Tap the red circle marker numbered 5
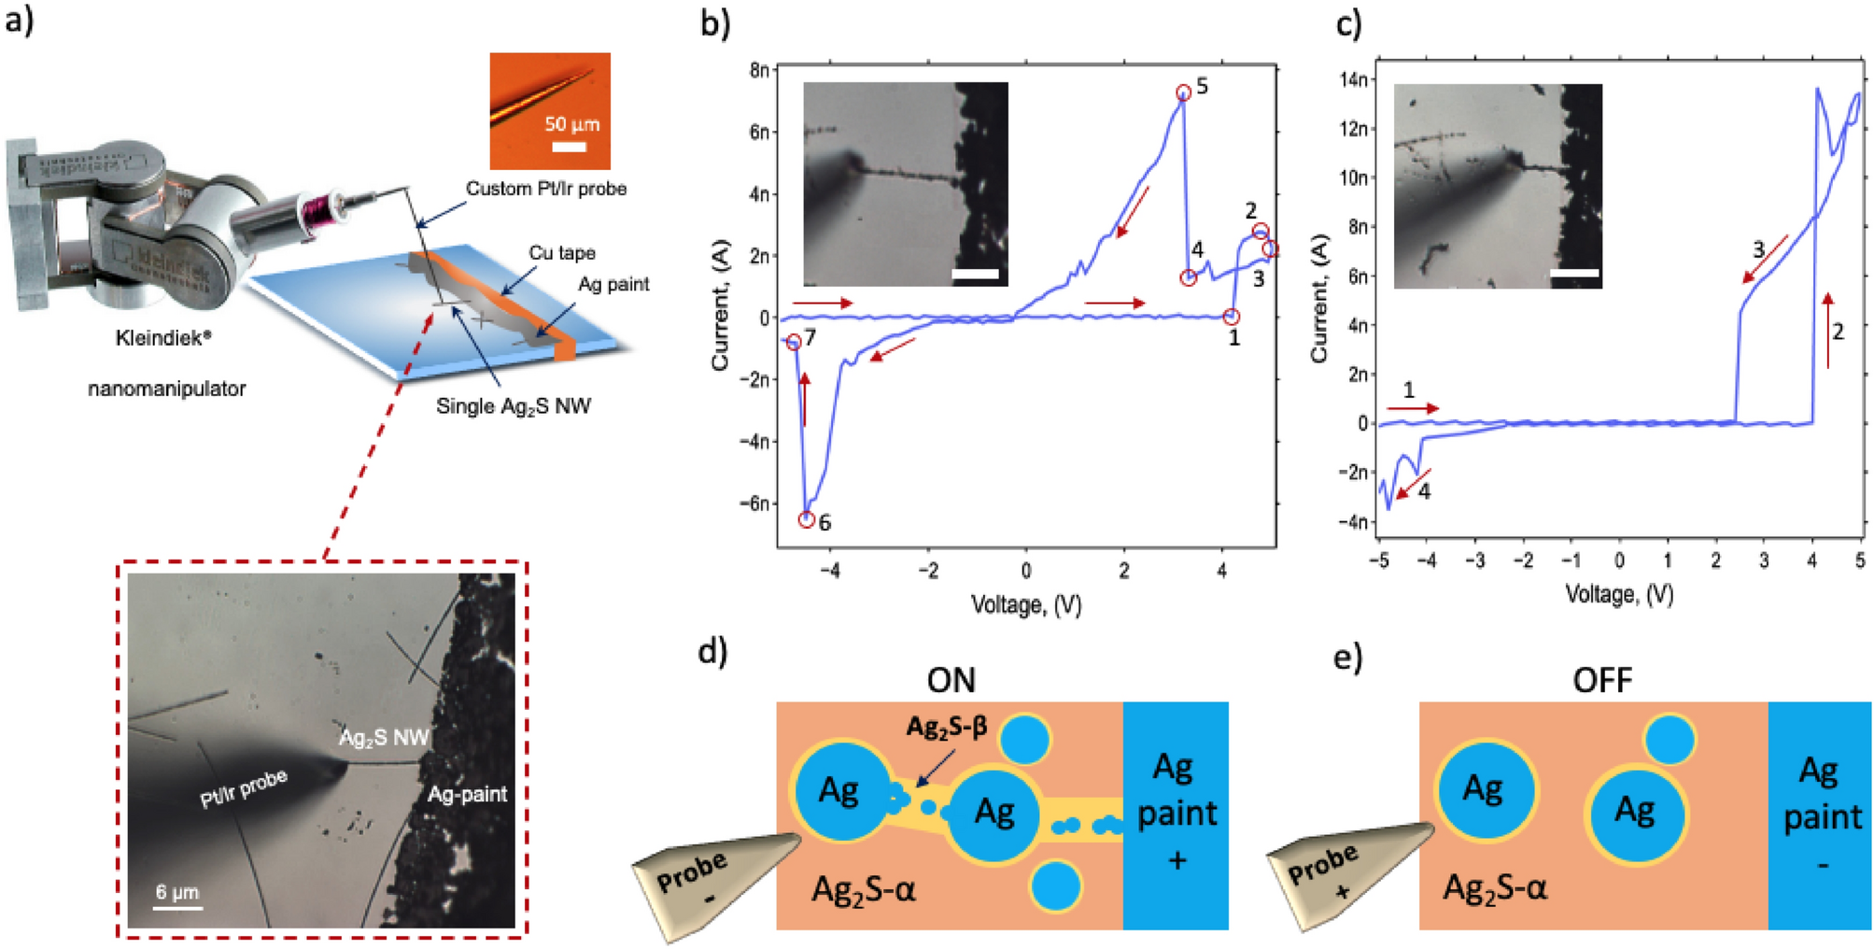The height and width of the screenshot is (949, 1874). pyautogui.click(x=1183, y=92)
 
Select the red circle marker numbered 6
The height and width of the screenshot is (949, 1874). pyautogui.click(x=807, y=519)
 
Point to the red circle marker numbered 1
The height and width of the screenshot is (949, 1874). pyautogui.click(x=1232, y=318)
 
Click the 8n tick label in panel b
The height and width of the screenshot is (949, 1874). pyautogui.click(x=759, y=70)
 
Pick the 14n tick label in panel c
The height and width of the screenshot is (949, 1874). pyautogui.click(x=1354, y=79)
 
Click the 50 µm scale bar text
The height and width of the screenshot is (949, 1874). pyautogui.click(x=571, y=124)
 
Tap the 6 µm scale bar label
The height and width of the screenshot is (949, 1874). pyautogui.click(x=176, y=892)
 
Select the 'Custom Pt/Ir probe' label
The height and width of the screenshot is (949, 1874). pyautogui.click(x=545, y=189)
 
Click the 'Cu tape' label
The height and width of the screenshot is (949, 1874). pyautogui.click(x=561, y=253)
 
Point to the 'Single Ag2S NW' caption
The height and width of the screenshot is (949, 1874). pyautogui.click(x=514, y=406)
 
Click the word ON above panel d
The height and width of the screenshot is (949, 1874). pyautogui.click(x=951, y=680)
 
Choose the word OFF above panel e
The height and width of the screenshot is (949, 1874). pyautogui.click(x=1601, y=680)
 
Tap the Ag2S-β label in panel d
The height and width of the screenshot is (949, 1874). pyautogui.click(x=946, y=727)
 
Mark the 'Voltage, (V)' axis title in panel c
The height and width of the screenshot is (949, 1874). pyautogui.click(x=1618, y=594)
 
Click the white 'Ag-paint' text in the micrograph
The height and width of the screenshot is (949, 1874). pyautogui.click(x=467, y=794)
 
